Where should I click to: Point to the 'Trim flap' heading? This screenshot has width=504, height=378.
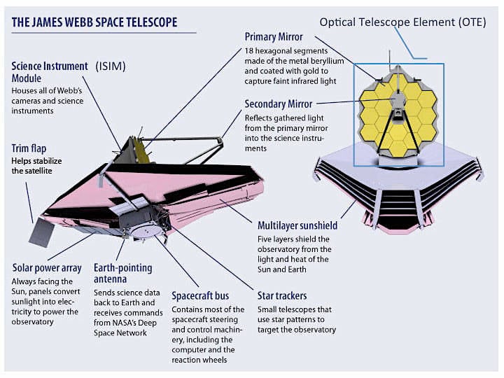29,148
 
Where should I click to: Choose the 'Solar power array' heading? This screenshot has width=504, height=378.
47,268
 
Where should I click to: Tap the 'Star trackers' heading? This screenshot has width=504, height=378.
279,295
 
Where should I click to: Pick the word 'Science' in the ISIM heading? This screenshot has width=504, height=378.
28,66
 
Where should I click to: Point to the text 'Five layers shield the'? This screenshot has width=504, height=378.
295,239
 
